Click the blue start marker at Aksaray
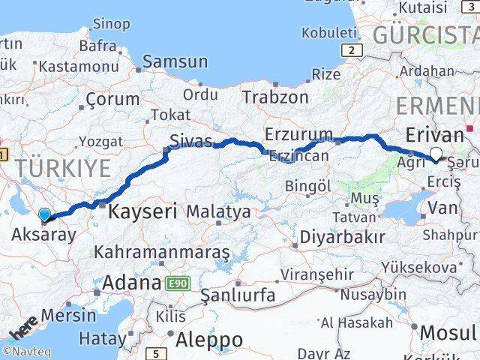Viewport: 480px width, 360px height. tap(45, 215)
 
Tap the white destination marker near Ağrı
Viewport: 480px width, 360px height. tap(436, 155)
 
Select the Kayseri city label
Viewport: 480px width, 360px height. tap(142, 211)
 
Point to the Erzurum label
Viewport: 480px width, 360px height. tap(298, 134)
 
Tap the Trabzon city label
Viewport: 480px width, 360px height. tap(275, 97)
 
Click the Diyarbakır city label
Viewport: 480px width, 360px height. tap(342, 237)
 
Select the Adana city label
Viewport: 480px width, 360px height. tap(131, 283)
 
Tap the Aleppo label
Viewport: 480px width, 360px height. tap(209, 339)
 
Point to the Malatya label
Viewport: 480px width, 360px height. tap(218, 212)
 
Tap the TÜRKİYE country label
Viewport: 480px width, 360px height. tap(64, 168)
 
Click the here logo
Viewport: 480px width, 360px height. tap(24, 328)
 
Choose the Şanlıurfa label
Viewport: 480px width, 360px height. tap(238, 295)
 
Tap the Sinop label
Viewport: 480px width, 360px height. tap(112, 24)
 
